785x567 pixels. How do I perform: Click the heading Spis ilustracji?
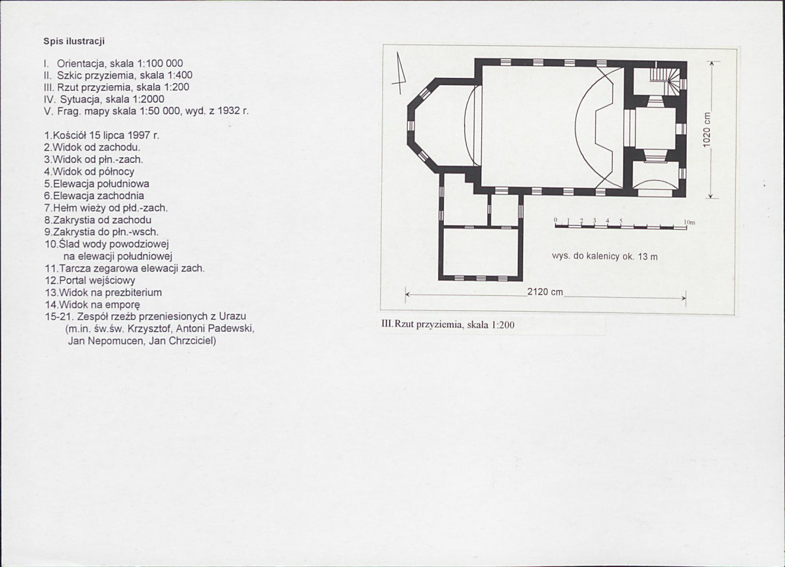73,41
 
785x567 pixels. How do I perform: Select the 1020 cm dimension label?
706,129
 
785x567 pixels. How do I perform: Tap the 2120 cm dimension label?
545,292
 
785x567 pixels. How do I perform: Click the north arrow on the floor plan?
399,73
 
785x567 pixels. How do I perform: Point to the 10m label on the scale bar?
689,222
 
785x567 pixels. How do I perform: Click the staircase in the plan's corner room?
666,79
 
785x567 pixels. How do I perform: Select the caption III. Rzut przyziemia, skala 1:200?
448,324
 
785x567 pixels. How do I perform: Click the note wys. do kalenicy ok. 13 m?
605,256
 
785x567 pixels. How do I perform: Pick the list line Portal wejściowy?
90,280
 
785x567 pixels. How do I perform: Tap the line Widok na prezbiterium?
103,292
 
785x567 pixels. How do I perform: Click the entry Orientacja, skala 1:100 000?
114,64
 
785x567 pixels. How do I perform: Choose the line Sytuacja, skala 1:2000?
104,99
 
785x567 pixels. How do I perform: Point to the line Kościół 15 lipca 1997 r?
101,136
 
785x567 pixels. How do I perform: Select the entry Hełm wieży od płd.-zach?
106,208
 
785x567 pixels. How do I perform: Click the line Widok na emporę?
92,304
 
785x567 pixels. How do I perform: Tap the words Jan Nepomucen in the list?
103,341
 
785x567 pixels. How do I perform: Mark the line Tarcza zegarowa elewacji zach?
124,268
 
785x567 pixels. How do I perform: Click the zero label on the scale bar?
556,220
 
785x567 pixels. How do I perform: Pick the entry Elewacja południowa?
97,184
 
